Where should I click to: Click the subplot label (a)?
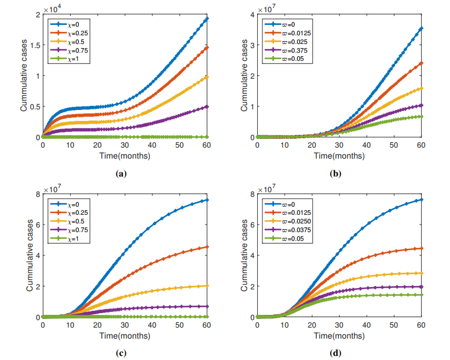tap(121, 172)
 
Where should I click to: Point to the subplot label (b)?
tap(335, 172)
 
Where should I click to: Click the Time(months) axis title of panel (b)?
tap(340, 156)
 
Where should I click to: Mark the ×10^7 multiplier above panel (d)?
tap(267, 188)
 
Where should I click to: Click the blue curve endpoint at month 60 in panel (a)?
tap(207, 19)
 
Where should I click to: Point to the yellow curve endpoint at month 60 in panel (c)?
tap(207, 285)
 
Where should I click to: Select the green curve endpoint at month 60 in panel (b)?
tap(422, 116)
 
